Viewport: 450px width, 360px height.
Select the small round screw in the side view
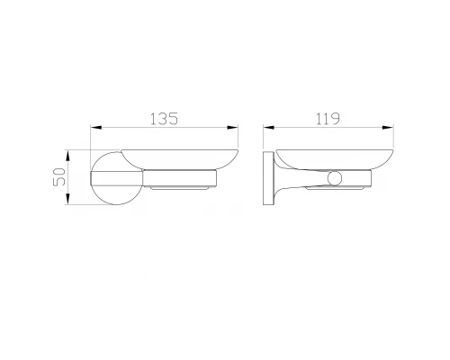click(x=336, y=176)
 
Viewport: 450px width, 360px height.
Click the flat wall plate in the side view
click(x=267, y=179)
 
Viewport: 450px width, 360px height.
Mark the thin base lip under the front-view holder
click(x=184, y=189)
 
